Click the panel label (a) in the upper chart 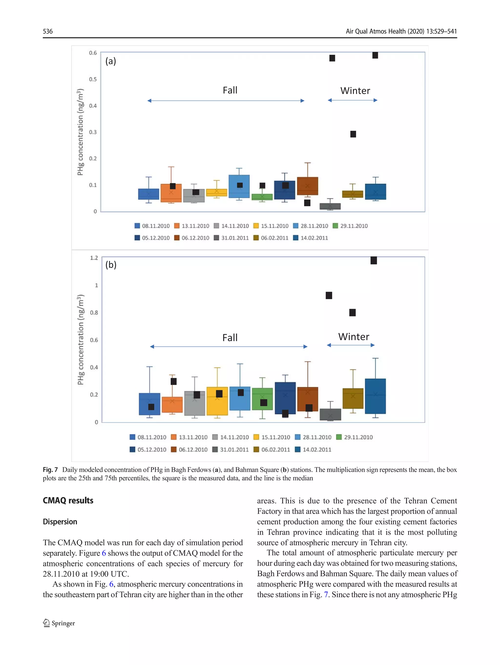click(x=111, y=61)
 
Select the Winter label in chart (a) click(x=355, y=90)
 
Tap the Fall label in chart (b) click(x=230, y=338)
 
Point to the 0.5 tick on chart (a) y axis click(x=93, y=79)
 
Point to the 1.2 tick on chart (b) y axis click(x=94, y=258)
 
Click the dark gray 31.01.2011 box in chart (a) click(x=330, y=206)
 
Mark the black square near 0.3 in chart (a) click(x=353, y=134)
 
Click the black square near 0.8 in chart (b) click(x=352, y=313)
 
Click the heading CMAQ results click(x=68, y=501)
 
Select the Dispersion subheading click(x=60, y=522)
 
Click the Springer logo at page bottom click(x=59, y=623)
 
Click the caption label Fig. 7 click(x=50, y=469)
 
